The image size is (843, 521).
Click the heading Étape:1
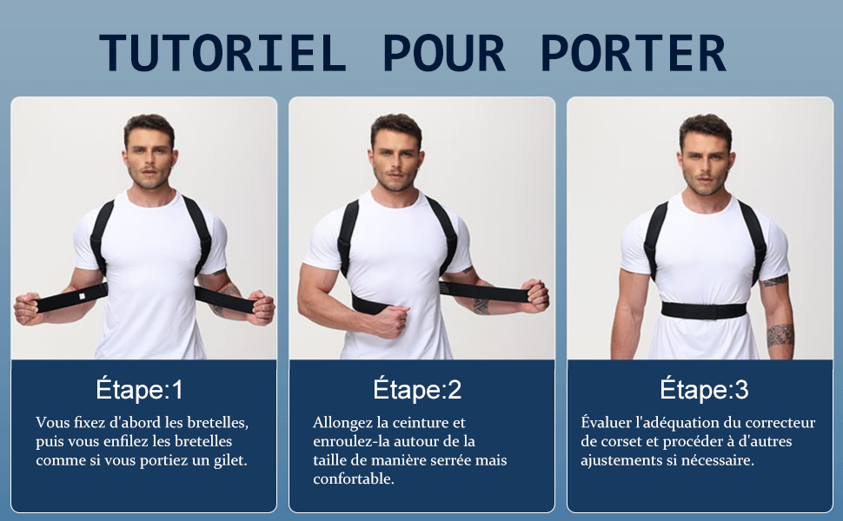[140, 390]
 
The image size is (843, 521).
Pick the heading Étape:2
[417, 390]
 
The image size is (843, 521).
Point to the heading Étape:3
[704, 390]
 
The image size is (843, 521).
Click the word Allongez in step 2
[340, 423]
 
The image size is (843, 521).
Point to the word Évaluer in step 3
[607, 423]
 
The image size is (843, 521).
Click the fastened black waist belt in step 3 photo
[704, 310]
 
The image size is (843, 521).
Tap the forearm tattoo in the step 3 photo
[780, 334]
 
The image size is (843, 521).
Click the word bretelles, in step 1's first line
[216, 423]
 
